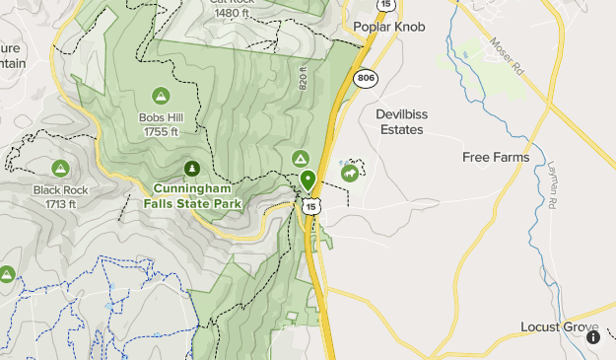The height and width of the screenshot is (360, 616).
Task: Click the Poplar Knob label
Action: [388, 28]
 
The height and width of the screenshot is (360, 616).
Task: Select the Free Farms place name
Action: [496, 157]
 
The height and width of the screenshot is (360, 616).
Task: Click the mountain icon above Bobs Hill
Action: [161, 96]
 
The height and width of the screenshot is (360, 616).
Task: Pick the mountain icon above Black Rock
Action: [60, 169]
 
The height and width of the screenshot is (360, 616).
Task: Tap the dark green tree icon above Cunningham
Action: [191, 168]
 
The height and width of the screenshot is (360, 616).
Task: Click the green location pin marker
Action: [308, 180]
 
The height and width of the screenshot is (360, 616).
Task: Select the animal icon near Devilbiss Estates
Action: [349, 174]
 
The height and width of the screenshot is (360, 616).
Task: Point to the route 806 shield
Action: [366, 77]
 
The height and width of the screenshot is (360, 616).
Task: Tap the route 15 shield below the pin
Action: [311, 206]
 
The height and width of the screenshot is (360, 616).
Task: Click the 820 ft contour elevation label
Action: [305, 80]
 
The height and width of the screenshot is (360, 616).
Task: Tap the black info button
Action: [593, 336]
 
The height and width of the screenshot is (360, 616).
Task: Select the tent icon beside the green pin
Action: [302, 158]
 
